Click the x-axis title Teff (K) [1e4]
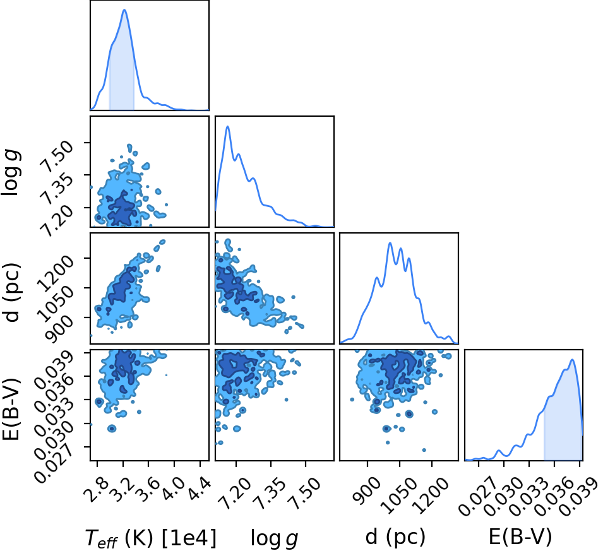pos(151,537)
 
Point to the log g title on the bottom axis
pos(274,538)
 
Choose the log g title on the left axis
pos(10,173)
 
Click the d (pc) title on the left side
pos(10,292)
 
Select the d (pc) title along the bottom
pos(395,536)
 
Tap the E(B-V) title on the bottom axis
pos(520,536)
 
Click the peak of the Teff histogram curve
pos(124,9)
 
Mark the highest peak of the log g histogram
pos(228,126)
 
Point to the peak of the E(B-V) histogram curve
pos(572,360)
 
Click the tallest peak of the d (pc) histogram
pos(390,243)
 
